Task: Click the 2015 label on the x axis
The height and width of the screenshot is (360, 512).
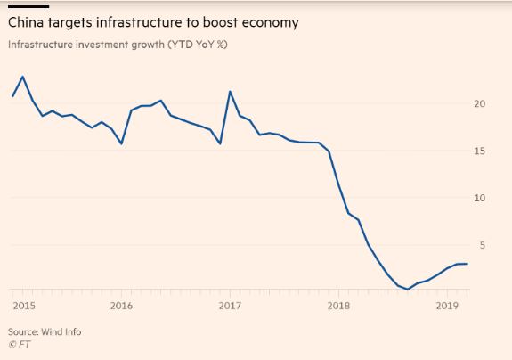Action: click(23, 305)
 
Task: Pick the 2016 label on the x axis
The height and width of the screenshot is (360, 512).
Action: click(121, 305)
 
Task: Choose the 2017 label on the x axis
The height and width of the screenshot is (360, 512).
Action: click(230, 305)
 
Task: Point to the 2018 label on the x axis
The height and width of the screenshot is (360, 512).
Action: click(338, 305)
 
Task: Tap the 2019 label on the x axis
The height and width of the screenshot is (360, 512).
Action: click(446, 305)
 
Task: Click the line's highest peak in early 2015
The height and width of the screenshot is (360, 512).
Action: click(22, 77)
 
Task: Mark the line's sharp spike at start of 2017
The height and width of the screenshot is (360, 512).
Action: click(230, 92)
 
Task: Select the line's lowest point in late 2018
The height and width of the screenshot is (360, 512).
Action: click(408, 290)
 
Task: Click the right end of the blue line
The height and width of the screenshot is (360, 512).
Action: click(467, 264)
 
